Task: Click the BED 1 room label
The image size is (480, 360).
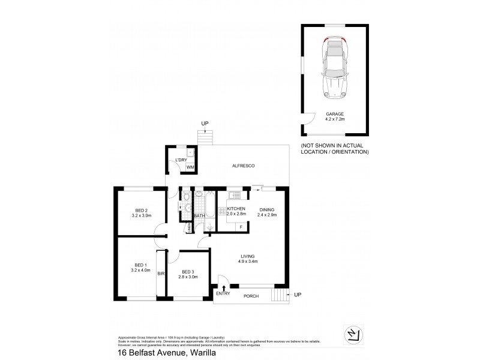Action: click(140, 265)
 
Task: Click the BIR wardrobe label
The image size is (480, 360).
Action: click(161, 274)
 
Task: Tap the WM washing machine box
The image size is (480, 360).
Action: click(190, 167)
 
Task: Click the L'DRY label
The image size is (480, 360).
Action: click(181, 159)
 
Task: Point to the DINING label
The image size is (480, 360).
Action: click(267, 209)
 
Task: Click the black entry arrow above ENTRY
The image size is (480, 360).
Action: click(224, 289)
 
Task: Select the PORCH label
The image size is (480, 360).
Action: click(251, 296)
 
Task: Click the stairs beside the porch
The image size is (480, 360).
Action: click(279, 295)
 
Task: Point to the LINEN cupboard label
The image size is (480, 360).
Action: click(188, 227)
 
